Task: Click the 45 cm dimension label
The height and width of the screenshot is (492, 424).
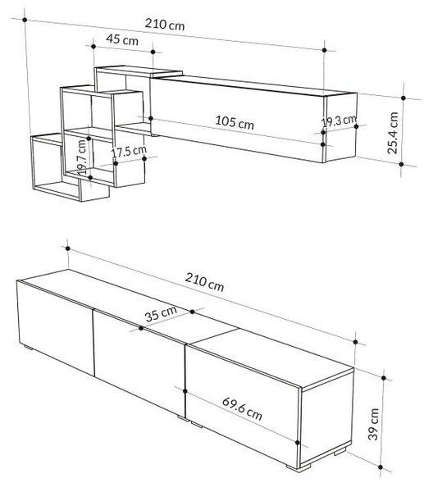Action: coord(122,39)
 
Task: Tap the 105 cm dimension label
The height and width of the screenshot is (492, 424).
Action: coord(235,121)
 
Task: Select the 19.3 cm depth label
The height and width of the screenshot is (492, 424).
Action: coord(340,121)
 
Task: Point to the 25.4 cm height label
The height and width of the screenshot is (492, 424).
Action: coord(393,133)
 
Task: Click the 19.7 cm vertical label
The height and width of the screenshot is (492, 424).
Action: coord(81,157)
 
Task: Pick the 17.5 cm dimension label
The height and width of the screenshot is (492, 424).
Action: coord(129,152)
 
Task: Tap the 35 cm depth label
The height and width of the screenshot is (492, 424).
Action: coord(161,314)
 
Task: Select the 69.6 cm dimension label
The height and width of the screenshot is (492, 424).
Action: coord(242,409)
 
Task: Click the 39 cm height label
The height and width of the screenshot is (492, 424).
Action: coord(374,425)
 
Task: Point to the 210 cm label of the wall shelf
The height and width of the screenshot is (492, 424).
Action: coord(165,25)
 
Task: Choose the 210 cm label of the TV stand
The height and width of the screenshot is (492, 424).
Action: coord(204,282)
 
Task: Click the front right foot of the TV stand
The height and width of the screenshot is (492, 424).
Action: coord(299,468)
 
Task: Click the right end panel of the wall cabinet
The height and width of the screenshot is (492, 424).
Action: coord(340,127)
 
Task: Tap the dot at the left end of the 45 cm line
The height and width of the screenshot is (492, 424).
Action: coord(93,47)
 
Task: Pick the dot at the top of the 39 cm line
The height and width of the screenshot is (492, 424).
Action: coord(384,378)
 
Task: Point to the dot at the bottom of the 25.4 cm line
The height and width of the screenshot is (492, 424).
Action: coord(401,164)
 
